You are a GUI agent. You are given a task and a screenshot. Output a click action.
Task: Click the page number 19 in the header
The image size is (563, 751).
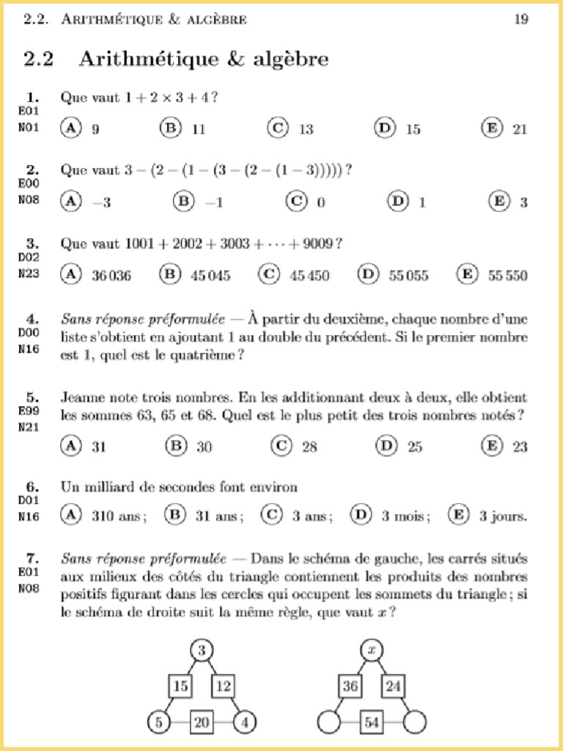520,20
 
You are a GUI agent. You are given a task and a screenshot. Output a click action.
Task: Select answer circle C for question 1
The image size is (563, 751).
277,128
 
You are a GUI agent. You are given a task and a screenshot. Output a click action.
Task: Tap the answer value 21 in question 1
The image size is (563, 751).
520,130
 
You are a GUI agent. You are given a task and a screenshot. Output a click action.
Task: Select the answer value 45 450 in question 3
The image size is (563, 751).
309,276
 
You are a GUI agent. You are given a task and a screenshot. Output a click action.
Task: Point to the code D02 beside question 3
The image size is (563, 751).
28,257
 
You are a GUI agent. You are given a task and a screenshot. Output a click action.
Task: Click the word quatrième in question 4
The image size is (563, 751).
203,356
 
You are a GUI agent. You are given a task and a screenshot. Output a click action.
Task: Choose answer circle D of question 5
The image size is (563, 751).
386,444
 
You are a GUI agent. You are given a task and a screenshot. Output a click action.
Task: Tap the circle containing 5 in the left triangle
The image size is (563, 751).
158,722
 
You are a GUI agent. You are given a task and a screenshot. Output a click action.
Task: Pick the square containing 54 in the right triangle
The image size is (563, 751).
372,722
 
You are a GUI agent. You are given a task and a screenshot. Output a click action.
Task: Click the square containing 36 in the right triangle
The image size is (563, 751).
349,686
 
